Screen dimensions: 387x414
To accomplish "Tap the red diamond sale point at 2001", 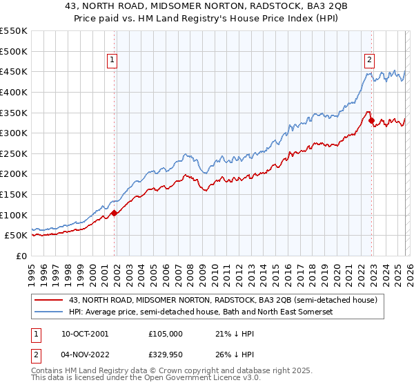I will [115, 213].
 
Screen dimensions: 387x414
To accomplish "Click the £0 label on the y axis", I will [21, 256].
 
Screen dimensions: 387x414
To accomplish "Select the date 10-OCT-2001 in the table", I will [84, 333].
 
